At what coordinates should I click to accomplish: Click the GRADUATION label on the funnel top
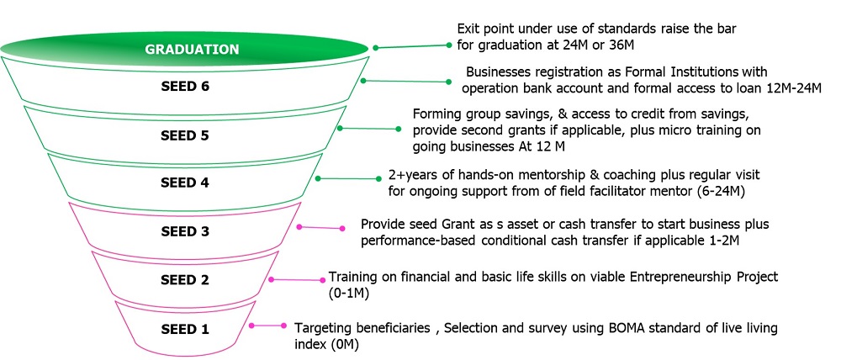click(192, 50)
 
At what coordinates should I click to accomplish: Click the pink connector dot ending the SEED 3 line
click(342, 228)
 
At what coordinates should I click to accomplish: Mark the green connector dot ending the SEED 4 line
click(380, 177)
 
